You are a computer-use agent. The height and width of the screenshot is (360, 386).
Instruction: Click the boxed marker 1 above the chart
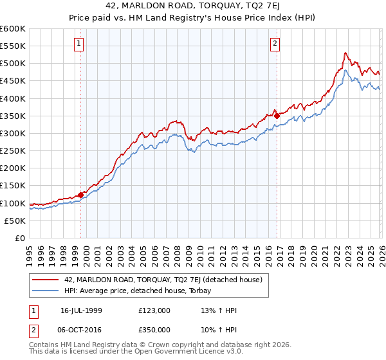pyautogui.click(x=78, y=44)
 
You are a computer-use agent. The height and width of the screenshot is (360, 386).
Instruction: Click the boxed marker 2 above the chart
pyautogui.click(x=275, y=44)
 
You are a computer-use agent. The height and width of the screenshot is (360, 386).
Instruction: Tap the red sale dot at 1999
pyautogui.click(x=80, y=195)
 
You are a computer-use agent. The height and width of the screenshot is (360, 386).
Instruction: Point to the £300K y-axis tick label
pyautogui.click(x=13, y=133)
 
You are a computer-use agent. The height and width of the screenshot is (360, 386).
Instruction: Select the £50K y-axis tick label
pyautogui.click(x=15, y=221)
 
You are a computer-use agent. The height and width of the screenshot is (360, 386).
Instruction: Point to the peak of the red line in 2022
pyautogui.click(x=345, y=53)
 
